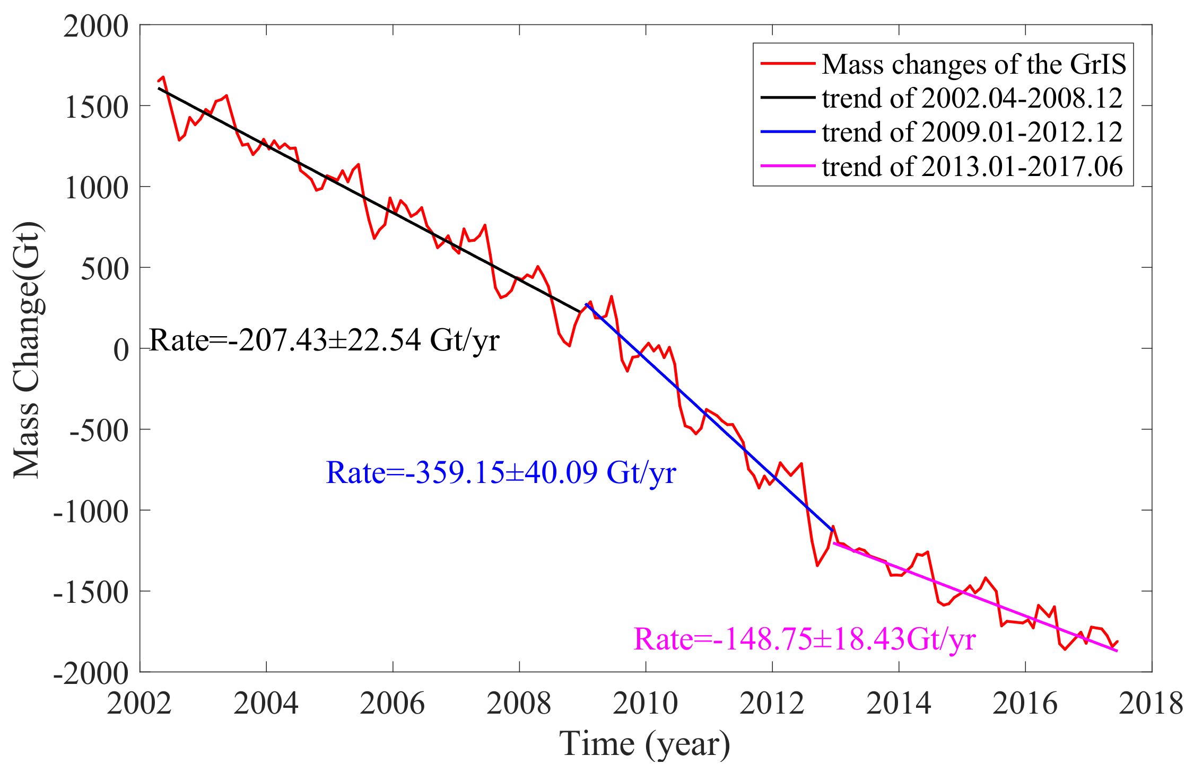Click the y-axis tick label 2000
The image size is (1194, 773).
(96, 27)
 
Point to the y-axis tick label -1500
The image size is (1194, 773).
(91, 592)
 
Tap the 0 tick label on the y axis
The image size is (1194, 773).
(121, 350)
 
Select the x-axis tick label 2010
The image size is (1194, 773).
(646, 704)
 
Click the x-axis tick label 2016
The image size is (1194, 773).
(1025, 704)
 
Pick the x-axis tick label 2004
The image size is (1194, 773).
(266, 704)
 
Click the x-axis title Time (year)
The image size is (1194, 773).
(645, 743)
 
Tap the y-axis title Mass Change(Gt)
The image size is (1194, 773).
(28, 350)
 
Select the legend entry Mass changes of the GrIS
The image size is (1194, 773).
(974, 64)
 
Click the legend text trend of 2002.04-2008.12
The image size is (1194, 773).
(972, 98)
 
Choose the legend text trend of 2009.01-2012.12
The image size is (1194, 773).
(972, 132)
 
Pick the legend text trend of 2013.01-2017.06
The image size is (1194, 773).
(972, 166)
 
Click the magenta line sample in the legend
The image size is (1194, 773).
(788, 166)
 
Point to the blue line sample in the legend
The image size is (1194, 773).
(788, 131)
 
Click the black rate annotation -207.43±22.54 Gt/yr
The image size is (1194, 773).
(325, 340)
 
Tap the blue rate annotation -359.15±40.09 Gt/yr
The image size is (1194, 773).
(501, 472)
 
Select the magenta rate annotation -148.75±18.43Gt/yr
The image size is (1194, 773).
(805, 639)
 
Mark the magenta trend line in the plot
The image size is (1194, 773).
(976, 598)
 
